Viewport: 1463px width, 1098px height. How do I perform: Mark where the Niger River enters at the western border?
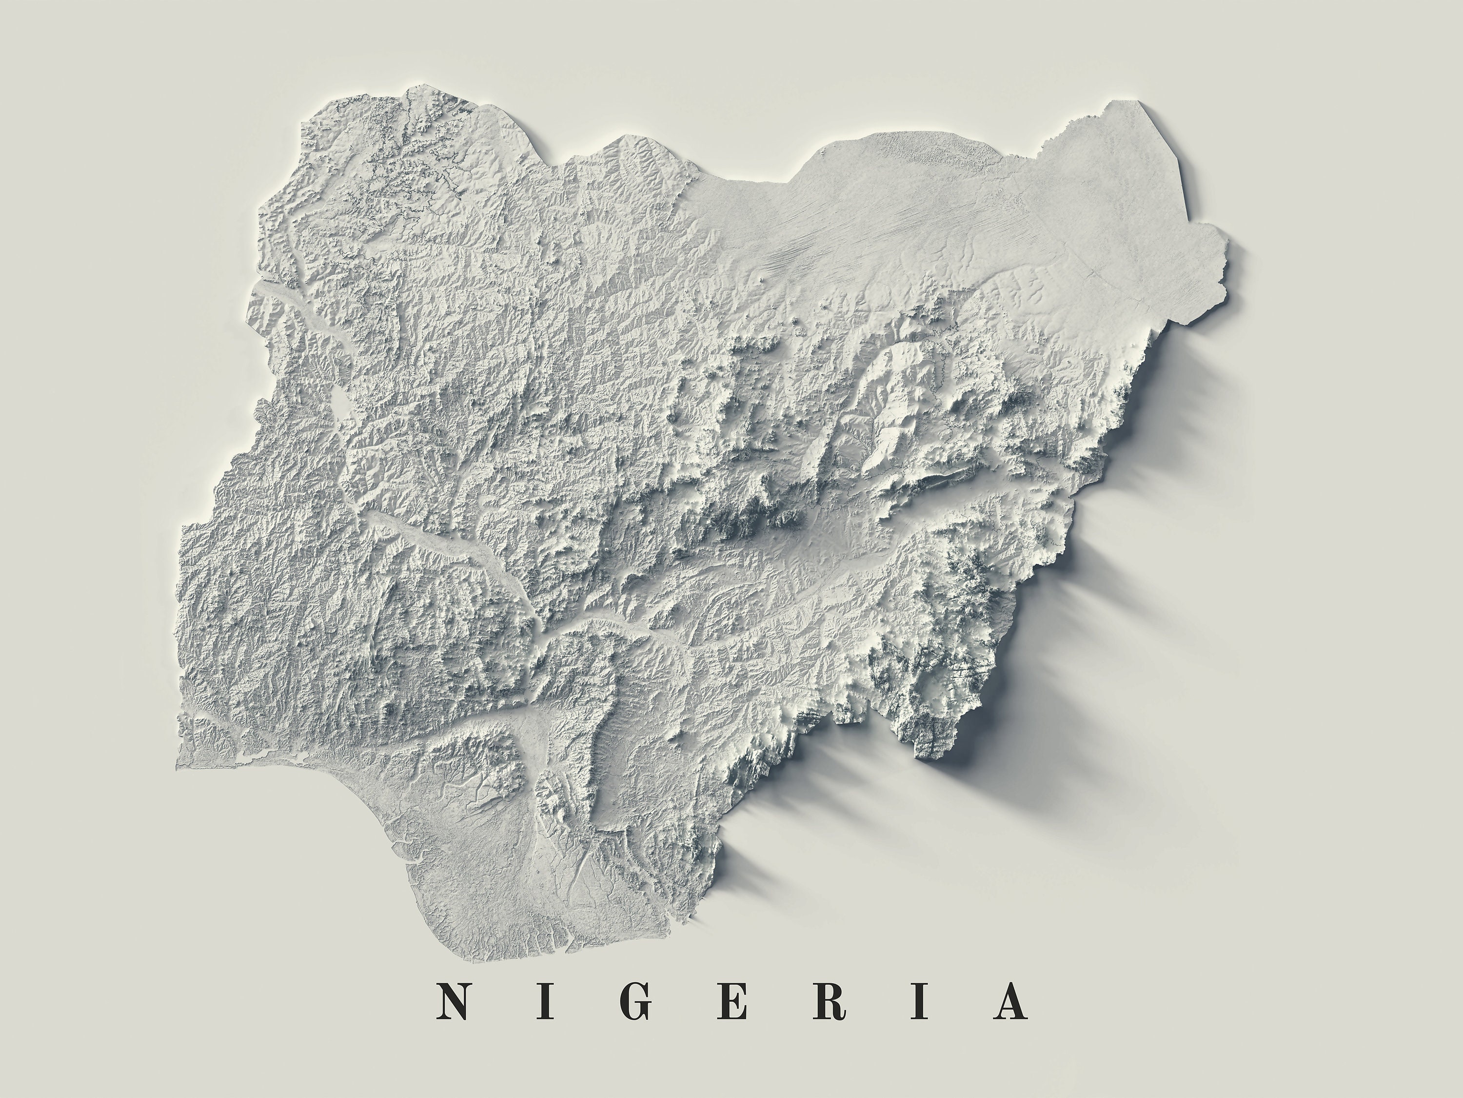pyautogui.click(x=255, y=291)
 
